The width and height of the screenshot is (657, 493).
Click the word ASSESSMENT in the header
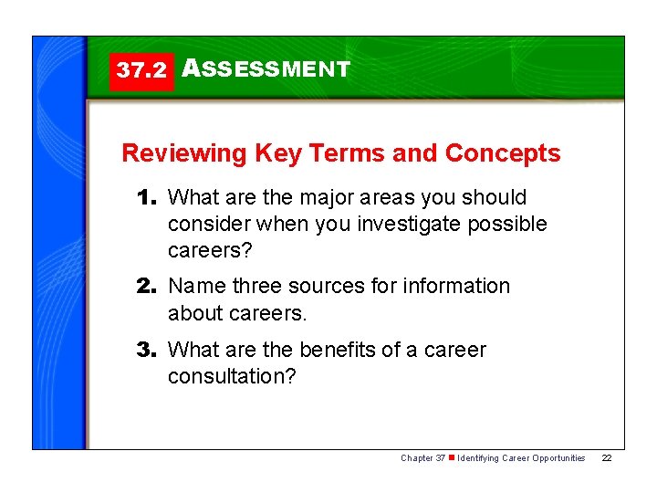[x=266, y=69]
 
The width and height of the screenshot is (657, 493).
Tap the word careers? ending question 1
[x=206, y=250]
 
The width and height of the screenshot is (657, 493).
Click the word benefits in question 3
[x=339, y=351]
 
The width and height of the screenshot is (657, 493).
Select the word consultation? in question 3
[x=232, y=376]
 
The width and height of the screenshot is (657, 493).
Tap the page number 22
[x=607, y=457]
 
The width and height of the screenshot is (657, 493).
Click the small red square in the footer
[x=451, y=457]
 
